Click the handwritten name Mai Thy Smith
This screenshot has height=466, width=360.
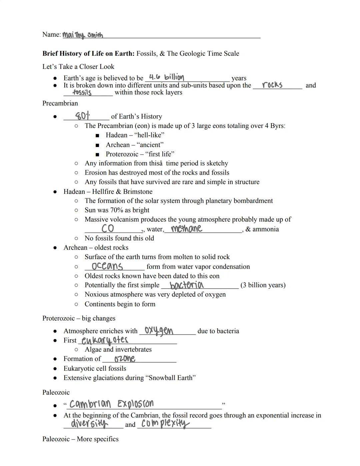[x=83, y=35]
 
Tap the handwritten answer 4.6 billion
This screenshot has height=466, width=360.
[x=166, y=77]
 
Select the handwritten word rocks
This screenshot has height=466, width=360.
[x=272, y=85]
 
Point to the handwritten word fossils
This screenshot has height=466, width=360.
[x=82, y=92]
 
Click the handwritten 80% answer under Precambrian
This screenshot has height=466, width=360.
[x=82, y=116]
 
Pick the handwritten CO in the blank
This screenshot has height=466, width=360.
[x=108, y=228]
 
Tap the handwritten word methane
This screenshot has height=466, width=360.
[x=186, y=228]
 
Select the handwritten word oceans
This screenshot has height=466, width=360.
[x=107, y=266]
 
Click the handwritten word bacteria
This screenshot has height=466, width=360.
[x=186, y=285]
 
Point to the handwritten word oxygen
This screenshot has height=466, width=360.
[x=159, y=331]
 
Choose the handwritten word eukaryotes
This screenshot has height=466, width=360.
[x=105, y=340]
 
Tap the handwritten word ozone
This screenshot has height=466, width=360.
[x=125, y=359]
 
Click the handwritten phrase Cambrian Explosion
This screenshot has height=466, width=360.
[x=112, y=404]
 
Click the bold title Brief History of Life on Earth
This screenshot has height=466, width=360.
[x=88, y=53]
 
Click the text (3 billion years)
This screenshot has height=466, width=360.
[x=263, y=285]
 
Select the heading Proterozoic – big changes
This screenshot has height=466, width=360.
[x=79, y=318]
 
